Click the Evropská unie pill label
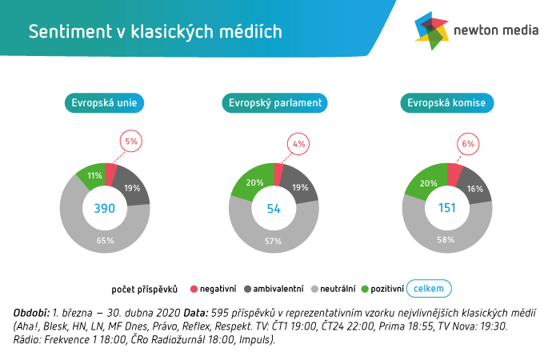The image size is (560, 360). tap(104, 103)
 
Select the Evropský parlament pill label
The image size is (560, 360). tap(275, 103)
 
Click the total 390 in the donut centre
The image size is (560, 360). tap(104, 208)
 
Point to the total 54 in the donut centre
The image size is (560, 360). tap(274, 208)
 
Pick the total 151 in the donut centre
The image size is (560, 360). tap(446, 208)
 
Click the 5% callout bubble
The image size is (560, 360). tap(131, 142)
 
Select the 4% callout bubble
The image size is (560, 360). tap(299, 145)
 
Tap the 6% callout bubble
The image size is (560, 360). tap(468, 144)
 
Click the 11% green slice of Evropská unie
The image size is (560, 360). tap(94, 175)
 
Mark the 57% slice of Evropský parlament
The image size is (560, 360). tap(274, 240)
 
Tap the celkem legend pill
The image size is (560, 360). tap(429, 288)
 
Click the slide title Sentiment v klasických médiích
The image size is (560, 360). tap(155, 31)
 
